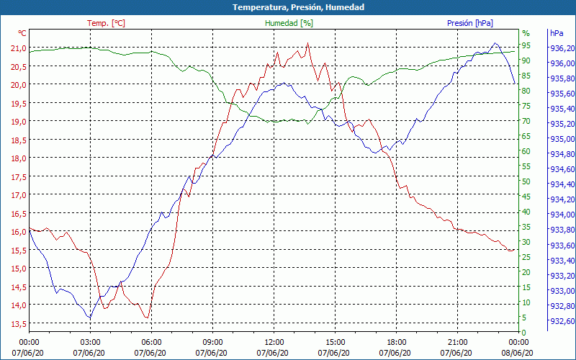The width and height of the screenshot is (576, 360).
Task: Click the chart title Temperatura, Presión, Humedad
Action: click(x=288, y=7)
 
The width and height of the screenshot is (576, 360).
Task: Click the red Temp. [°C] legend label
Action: click(x=106, y=23)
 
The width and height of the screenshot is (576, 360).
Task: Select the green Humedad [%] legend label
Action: click(x=289, y=23)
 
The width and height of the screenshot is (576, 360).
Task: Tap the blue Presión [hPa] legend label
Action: click(x=470, y=23)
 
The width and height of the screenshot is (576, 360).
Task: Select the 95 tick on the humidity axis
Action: click(x=526, y=45)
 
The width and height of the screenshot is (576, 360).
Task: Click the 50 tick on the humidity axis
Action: click(x=526, y=181)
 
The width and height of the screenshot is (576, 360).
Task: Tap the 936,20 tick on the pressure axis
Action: click(x=561, y=48)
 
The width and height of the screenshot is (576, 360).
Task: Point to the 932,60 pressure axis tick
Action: click(x=561, y=321)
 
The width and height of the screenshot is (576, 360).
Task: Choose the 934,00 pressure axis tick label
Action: click(x=561, y=215)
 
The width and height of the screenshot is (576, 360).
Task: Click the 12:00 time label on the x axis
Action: click(x=274, y=342)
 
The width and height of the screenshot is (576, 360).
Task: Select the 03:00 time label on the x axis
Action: click(x=90, y=342)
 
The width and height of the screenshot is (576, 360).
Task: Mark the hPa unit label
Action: click(x=557, y=33)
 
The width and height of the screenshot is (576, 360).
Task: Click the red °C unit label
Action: click(x=22, y=33)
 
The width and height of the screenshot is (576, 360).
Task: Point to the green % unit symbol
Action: click(x=526, y=33)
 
